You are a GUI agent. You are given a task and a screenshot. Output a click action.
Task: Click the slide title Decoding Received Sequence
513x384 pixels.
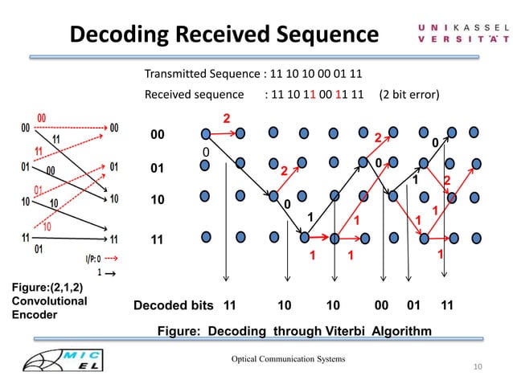point(224,35)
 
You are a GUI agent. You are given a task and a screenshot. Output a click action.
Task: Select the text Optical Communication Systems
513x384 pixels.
point(288,358)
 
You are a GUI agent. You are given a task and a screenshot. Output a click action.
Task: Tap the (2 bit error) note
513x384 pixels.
point(408,95)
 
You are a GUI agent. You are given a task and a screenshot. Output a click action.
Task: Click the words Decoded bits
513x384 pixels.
point(174,306)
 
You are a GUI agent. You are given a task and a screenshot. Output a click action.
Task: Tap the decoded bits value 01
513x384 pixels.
point(414,306)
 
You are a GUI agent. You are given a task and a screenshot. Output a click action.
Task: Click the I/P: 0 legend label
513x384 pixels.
point(89,258)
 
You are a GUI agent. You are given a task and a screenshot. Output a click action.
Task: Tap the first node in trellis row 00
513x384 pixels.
point(204,133)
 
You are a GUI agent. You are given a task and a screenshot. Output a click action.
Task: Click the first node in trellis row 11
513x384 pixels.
point(204,237)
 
